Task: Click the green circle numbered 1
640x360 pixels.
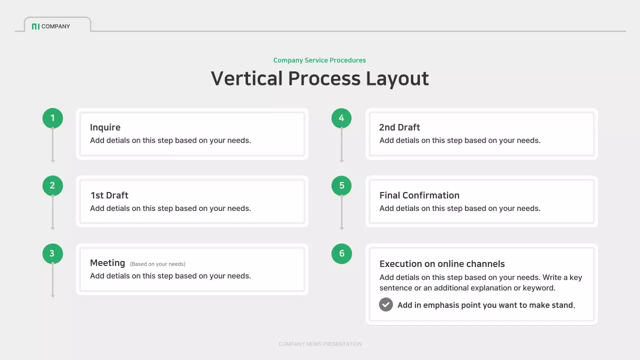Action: tap(52, 118)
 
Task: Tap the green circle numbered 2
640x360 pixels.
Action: tap(52, 185)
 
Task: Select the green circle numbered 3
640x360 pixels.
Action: tap(52, 253)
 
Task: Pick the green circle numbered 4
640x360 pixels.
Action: tap(341, 118)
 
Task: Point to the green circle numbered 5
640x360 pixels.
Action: tap(341, 185)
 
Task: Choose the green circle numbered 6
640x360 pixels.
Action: tap(341, 253)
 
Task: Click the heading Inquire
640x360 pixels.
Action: tap(105, 127)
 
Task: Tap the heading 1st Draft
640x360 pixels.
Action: tap(109, 195)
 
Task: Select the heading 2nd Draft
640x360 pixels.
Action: tap(399, 127)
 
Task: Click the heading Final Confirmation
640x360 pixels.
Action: tap(419, 195)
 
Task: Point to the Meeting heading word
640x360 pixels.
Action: tap(107, 263)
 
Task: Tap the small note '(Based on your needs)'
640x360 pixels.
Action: tap(157, 264)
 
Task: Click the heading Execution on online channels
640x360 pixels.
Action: tap(442, 264)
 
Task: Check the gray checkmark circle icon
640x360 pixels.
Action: tap(386, 304)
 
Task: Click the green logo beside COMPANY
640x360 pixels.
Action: tap(35, 26)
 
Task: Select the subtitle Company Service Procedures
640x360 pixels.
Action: tap(319, 60)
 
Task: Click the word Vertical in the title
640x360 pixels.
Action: tap(247, 79)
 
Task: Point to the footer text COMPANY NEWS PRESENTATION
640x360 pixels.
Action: tap(320, 344)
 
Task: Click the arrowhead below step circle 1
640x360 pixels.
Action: tap(52, 160)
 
